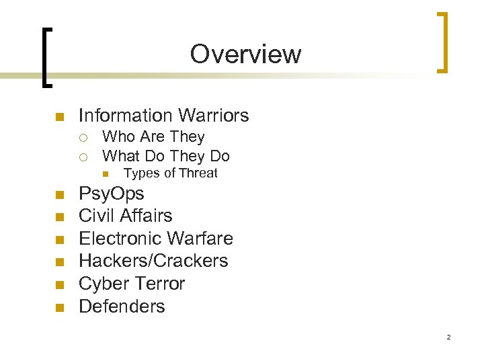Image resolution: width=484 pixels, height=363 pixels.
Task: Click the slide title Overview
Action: point(245,54)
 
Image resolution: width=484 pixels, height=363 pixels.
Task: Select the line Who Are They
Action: point(153,137)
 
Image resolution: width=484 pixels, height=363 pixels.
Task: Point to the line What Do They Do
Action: point(165,157)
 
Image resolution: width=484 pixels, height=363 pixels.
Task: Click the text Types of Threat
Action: point(171,173)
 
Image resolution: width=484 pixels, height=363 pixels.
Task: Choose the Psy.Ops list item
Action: point(112,194)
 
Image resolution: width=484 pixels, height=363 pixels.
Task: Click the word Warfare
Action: point(200,239)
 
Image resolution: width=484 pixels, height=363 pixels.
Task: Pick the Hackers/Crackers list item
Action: point(153,261)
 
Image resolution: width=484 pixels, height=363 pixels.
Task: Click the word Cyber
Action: point(103,284)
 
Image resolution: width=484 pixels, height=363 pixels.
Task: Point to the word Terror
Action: point(159,284)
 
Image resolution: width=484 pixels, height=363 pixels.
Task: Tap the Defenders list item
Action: point(122,307)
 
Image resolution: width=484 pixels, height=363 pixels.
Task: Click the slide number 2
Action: point(448,337)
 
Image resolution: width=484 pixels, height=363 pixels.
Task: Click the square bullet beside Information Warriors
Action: point(58,117)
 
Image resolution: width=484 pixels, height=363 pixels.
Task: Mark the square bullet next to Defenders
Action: point(58,308)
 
